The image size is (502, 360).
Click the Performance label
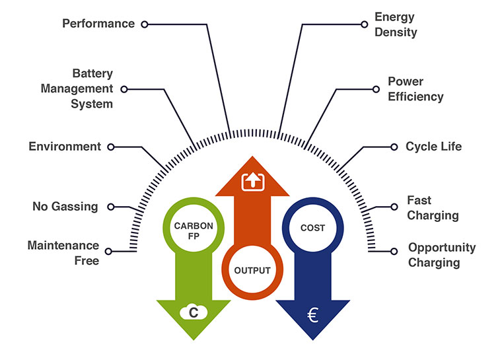pos(98,24)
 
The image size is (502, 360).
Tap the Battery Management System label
pos(77,89)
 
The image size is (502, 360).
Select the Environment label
pos(65,147)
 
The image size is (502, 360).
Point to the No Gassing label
pos(65,207)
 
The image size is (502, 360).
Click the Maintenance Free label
pos(63,253)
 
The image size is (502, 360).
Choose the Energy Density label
pos(396,24)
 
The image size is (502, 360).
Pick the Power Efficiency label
pos(415,89)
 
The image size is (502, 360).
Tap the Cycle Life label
pos(433,147)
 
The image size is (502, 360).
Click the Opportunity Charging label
pos(441,255)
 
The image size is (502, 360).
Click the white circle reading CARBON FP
pos(194,230)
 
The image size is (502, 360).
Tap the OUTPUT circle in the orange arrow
pos(252,270)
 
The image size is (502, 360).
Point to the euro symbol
pos(312,315)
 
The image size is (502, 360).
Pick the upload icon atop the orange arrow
pos(253,180)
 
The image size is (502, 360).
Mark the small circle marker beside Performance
pos(145,24)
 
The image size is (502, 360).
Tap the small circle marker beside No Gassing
pos(111,206)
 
